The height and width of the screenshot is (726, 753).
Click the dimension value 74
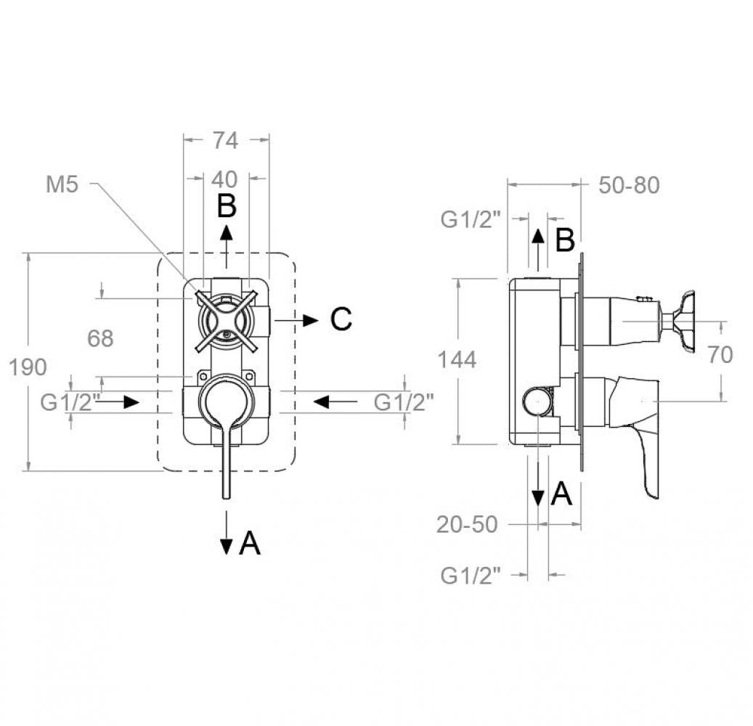[x=226, y=140]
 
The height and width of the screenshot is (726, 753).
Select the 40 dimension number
[x=226, y=179]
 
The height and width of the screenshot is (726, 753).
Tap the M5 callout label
[x=62, y=185]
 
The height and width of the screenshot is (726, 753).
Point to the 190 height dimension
[x=28, y=367]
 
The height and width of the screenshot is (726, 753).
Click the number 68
[x=100, y=338]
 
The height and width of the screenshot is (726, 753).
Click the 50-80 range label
[x=629, y=185]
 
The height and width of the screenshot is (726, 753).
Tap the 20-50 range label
[x=467, y=524]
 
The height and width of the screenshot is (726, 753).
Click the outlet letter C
[x=341, y=319]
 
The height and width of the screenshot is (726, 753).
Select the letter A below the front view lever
[x=249, y=542]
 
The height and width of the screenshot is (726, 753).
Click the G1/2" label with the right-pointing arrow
[x=69, y=401]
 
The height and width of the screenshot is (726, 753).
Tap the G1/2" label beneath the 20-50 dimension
[x=471, y=576]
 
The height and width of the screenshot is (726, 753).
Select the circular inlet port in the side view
[x=537, y=401]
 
